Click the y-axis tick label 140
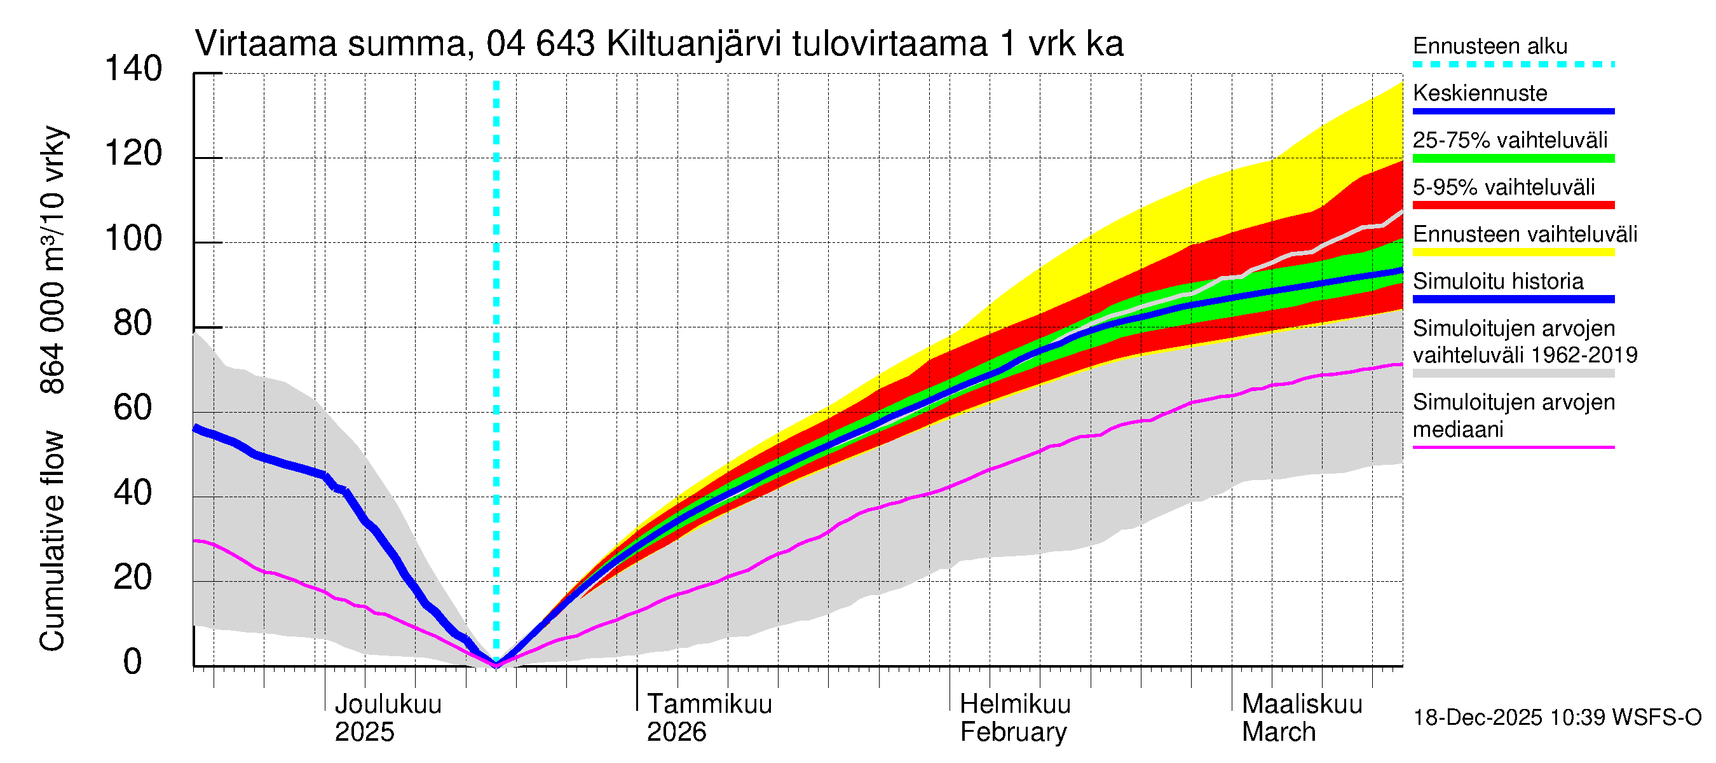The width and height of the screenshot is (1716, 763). coord(133,69)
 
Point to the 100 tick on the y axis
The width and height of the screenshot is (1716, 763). coord(133,239)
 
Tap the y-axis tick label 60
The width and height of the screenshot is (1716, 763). coord(133,408)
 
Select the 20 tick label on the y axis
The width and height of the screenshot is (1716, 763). coord(133,578)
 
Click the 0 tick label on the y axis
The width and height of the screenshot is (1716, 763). coord(133,663)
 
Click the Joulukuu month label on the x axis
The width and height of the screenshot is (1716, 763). coord(388,705)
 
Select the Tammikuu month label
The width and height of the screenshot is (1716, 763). coord(709,705)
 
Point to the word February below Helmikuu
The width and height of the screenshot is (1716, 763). coord(1012,732)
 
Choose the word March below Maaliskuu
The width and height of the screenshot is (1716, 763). coord(1278,732)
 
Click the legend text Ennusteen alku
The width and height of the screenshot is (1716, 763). coord(1490,46)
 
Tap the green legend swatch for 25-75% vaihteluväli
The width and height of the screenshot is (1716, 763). coord(1513,158)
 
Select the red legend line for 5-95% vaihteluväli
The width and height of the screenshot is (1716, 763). coord(1513,205)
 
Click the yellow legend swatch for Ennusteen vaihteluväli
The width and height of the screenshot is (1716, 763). coord(1513,252)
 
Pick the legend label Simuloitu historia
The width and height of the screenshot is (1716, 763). coord(1498,282)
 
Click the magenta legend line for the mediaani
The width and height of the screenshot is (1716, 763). coord(1513,448)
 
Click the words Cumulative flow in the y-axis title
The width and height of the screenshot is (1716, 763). coord(53,540)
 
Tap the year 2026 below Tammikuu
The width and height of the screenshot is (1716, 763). coord(676,732)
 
